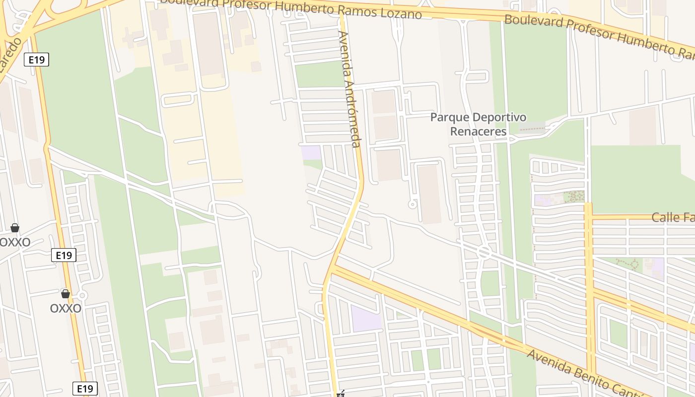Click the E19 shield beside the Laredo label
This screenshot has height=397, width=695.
(x=37, y=60)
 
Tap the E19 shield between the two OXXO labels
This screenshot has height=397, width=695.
(x=64, y=256)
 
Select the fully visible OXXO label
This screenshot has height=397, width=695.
(x=66, y=308)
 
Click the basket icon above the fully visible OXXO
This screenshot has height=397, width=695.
(x=66, y=294)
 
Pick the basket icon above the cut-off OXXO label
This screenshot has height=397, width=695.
(x=15, y=228)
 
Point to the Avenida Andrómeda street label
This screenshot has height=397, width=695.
(x=348, y=89)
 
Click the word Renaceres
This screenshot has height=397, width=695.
(x=478, y=132)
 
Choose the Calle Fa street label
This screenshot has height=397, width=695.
(x=673, y=217)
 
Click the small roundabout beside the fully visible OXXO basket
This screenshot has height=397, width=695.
(x=82, y=296)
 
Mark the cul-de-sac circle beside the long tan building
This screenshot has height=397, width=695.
(x=412, y=204)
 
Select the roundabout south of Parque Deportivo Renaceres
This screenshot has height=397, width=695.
(x=485, y=253)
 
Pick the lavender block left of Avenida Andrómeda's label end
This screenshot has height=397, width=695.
(x=311, y=152)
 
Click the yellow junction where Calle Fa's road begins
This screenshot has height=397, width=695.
(x=589, y=217)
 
